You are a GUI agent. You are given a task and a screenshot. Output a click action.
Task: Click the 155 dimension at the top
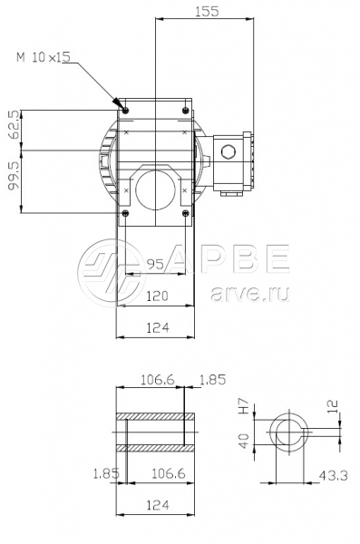coord(207,12)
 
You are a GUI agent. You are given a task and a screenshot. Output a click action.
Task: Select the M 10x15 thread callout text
coord(44,57)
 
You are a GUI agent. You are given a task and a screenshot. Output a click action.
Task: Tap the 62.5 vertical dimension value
coord(15,124)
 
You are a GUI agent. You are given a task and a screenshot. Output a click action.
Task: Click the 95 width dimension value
coord(155,265)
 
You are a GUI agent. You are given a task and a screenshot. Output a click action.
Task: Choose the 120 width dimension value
coord(157,296)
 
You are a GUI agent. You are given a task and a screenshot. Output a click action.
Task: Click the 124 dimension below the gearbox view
coord(158,327)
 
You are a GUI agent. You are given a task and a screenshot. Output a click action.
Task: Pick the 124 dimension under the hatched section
coord(158,505)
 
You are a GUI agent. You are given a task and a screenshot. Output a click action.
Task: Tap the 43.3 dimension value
coord(333,475)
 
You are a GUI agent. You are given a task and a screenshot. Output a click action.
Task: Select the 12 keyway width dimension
coord(332,406)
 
